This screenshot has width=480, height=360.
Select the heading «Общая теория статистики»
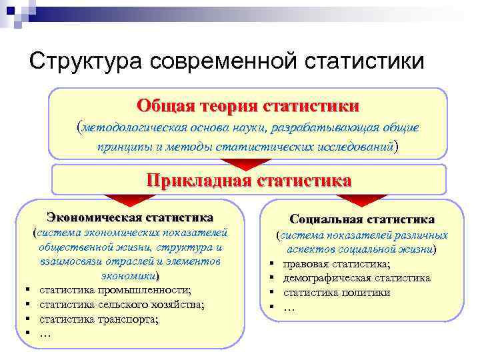247,106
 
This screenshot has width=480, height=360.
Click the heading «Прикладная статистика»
249,180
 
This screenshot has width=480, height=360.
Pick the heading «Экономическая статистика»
130,217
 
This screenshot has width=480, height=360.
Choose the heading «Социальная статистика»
362,219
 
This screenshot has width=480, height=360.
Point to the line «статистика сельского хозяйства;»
122,305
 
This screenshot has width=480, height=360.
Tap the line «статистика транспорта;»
100,319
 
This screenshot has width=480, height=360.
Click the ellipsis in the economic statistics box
46,333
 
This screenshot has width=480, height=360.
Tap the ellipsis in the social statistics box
289,307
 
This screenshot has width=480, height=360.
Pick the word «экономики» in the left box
129,275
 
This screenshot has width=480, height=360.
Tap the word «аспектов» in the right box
307,249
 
